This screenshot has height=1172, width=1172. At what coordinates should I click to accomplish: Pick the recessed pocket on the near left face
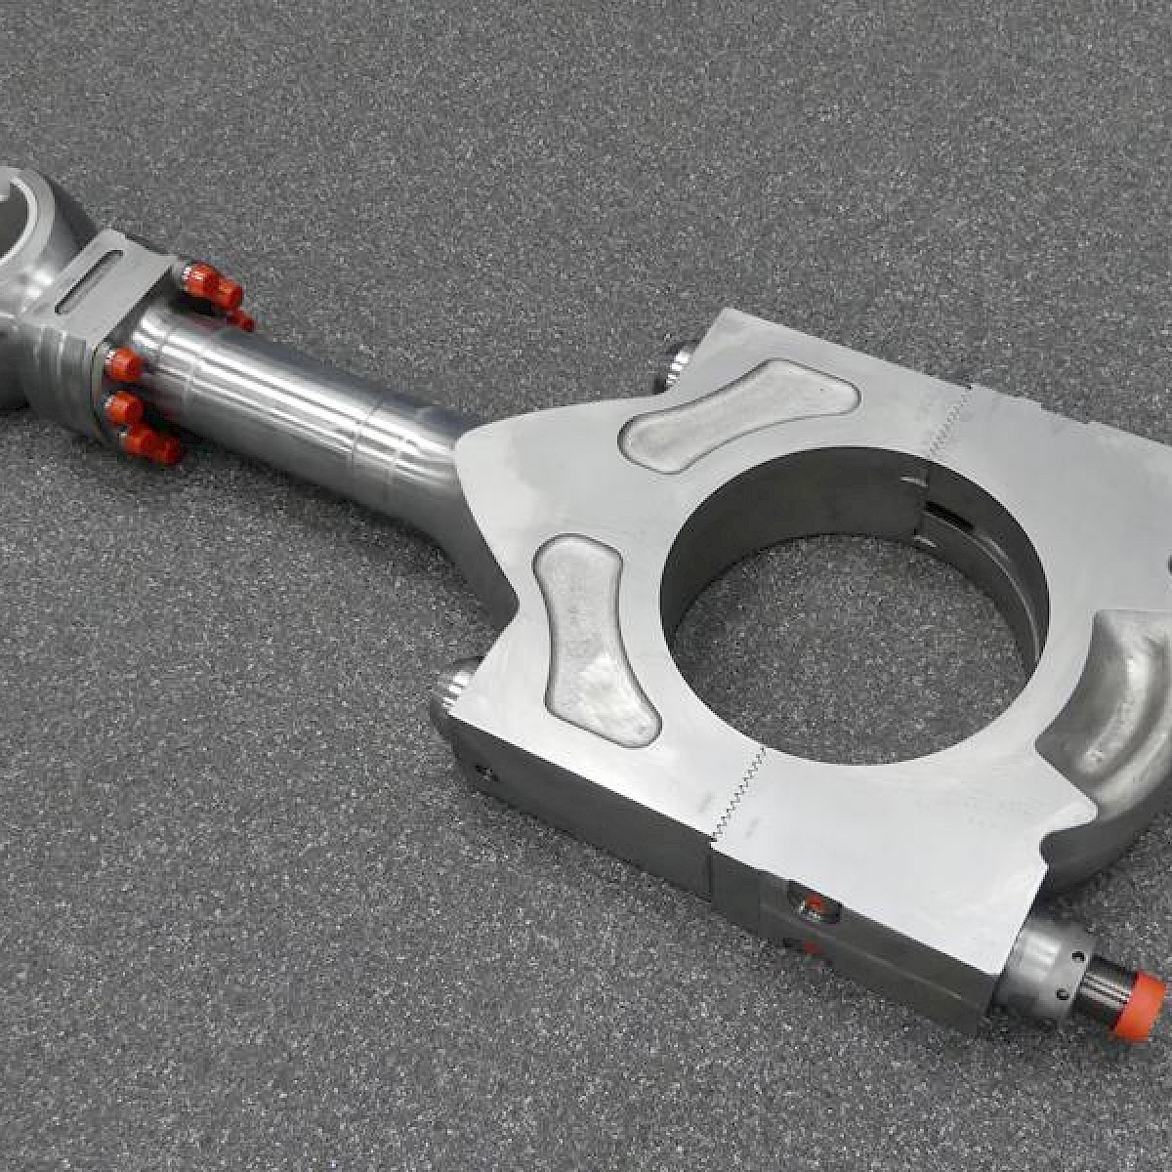coord(591,635)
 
